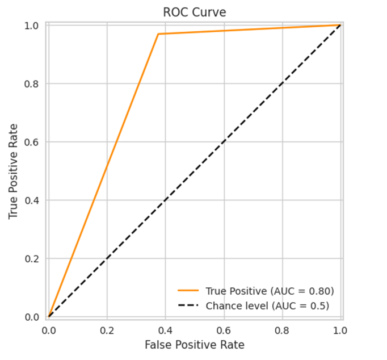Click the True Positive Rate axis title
coord(14,171)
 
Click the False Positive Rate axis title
coord(194,345)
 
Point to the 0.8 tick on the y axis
coord(32,84)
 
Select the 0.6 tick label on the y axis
coord(32,142)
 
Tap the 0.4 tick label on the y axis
coord(32,200)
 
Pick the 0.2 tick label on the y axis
coord(32,259)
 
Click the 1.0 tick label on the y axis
coord(32,26)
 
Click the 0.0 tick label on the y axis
coord(32,317)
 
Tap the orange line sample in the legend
coord(188,291)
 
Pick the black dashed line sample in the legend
coord(188,306)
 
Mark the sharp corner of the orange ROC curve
coord(158,34)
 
